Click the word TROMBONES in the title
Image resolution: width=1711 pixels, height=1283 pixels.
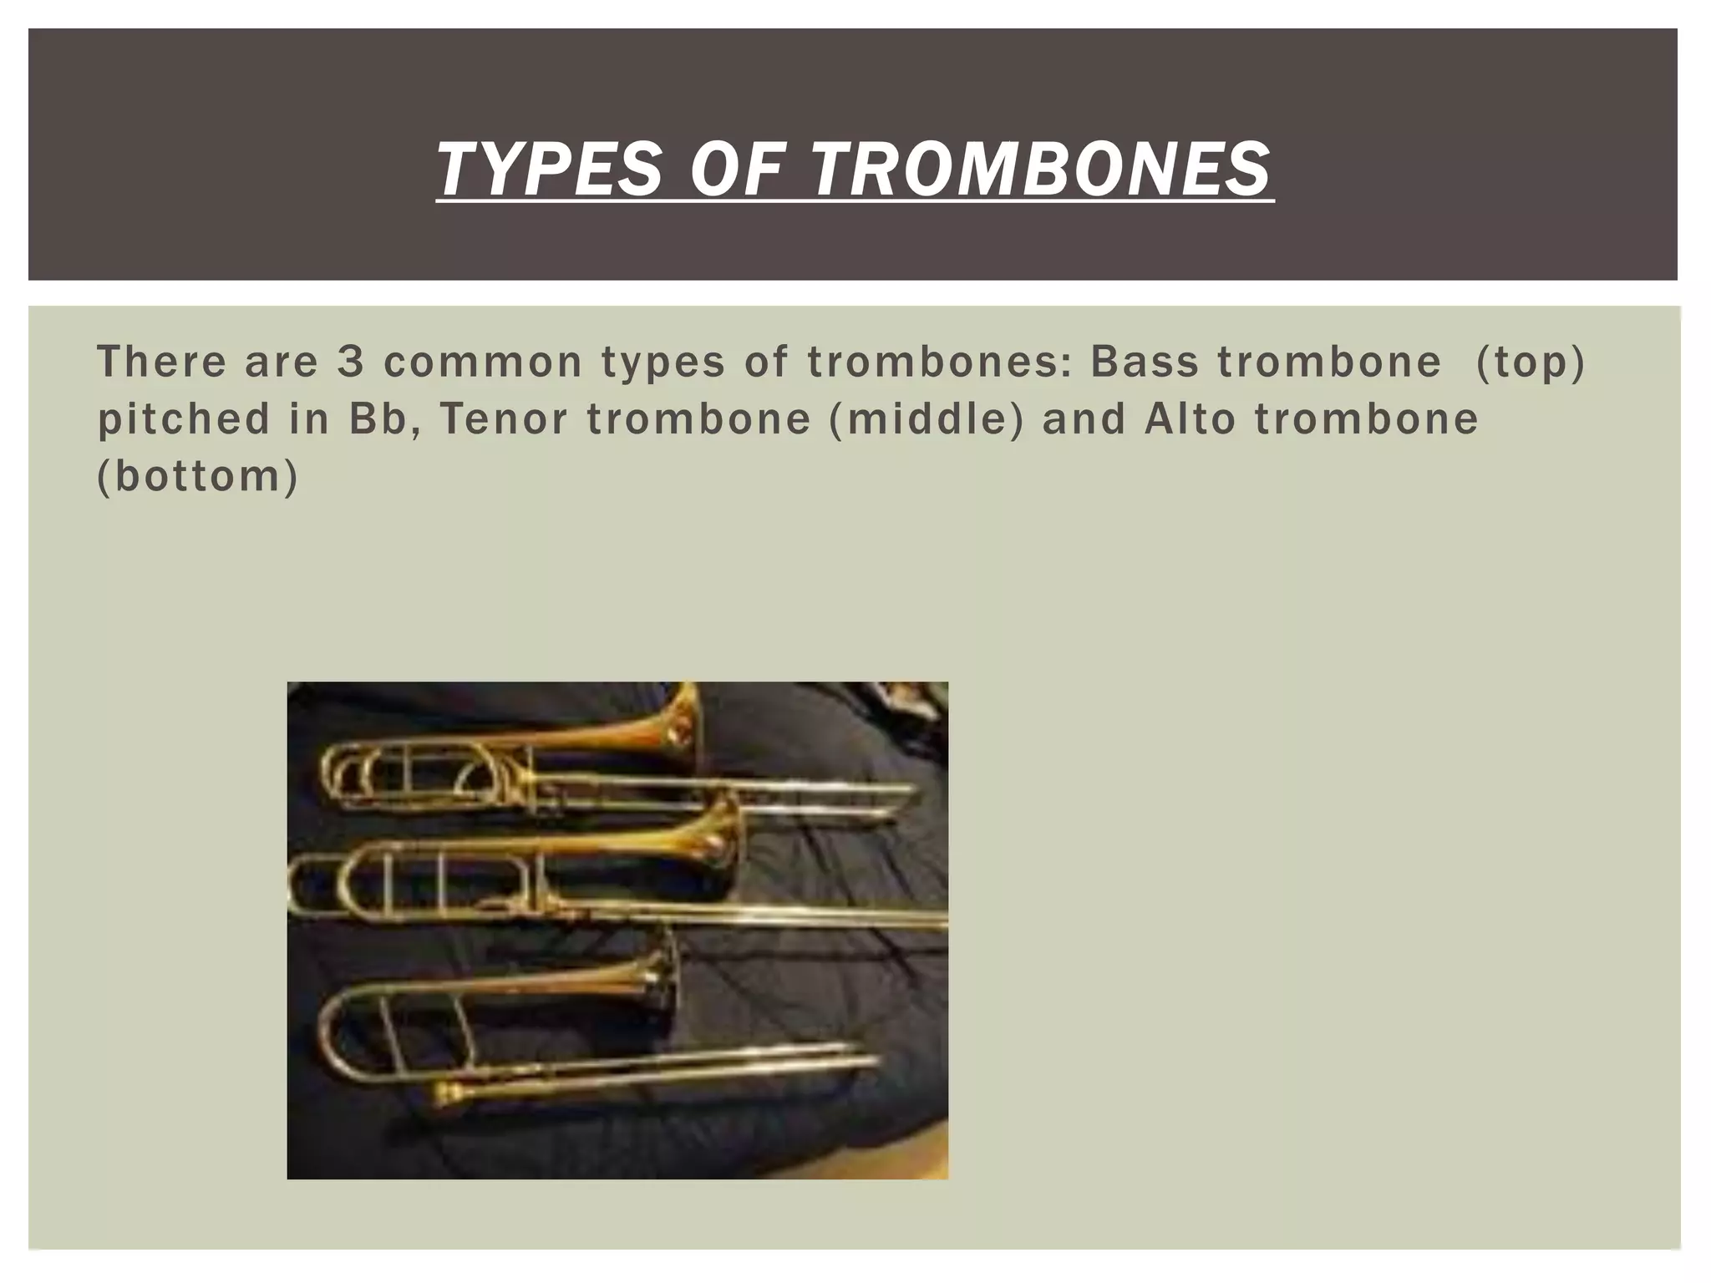coord(1041,169)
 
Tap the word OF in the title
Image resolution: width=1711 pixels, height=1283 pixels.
coord(738,169)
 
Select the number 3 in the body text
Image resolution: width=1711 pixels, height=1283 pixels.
coord(349,362)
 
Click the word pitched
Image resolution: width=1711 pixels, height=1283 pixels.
coord(184,418)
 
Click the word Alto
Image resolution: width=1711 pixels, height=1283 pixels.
coord(1190,418)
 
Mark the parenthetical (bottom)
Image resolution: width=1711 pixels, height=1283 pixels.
coord(198,476)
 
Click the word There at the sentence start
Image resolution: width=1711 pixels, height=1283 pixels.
coord(162,362)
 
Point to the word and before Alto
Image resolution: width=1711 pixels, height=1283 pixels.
coord(1084,418)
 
